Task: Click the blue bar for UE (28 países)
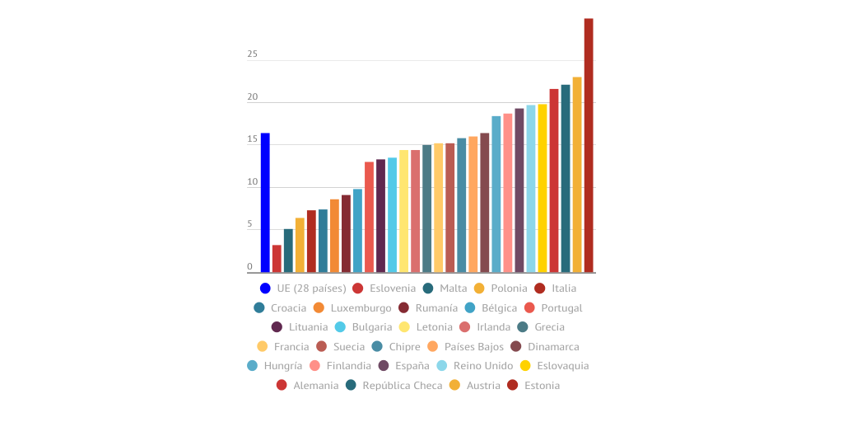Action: [x=265, y=202]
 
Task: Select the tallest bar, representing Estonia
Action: [x=589, y=145]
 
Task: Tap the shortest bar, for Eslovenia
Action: [x=277, y=258]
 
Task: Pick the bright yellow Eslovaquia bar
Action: [x=543, y=188]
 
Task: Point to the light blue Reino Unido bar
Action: [x=531, y=188]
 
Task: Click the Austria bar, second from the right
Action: [x=577, y=174]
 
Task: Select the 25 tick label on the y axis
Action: [x=252, y=54]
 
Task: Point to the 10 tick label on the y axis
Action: [x=252, y=182]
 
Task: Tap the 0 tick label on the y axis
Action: [x=249, y=267]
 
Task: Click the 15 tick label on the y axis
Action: [x=252, y=139]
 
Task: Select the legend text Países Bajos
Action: [x=474, y=347]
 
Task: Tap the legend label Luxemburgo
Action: [x=361, y=308]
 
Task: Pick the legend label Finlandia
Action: [x=348, y=366]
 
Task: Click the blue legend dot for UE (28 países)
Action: [x=265, y=288]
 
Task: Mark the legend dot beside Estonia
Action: [x=512, y=385]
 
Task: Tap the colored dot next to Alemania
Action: [x=282, y=385]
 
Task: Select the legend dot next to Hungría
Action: [x=252, y=366]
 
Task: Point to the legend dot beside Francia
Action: [x=262, y=347]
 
